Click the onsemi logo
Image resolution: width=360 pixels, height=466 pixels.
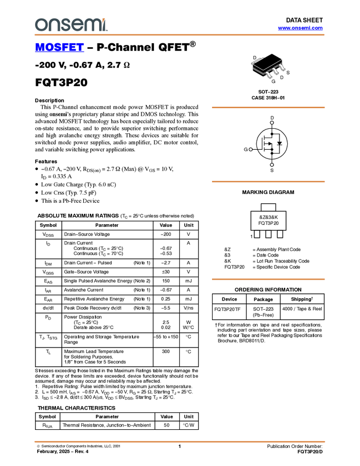(71, 25)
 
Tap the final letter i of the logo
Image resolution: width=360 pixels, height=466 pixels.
(105, 25)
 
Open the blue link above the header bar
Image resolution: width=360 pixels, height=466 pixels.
(300, 28)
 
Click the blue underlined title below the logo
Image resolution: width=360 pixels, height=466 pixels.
(59, 48)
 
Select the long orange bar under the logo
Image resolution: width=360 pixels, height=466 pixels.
(179, 35)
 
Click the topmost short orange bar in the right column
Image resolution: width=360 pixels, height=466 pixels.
(268, 107)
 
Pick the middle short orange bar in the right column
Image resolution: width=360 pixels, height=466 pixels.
(268, 181)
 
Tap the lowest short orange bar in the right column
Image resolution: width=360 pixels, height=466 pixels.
(268, 279)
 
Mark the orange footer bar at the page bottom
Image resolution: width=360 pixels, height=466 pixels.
(179, 441)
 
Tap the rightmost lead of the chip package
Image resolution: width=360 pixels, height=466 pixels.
(283, 70)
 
